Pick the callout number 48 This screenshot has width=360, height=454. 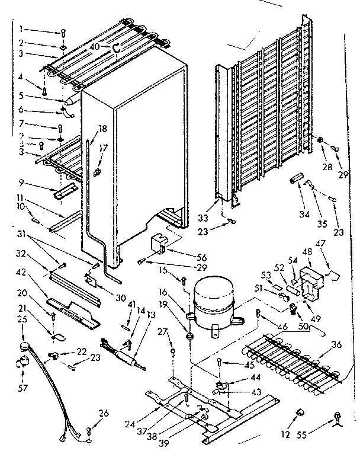pos(306,251)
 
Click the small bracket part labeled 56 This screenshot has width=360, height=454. pos(160,241)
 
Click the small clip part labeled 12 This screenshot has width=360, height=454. pos(301,411)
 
